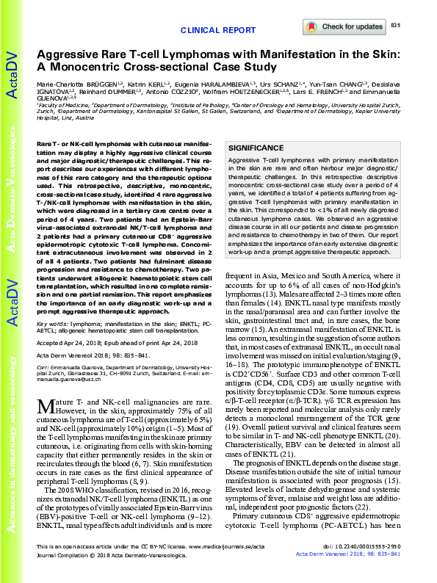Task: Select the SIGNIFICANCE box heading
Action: tap(257, 147)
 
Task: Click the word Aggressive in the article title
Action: tap(71, 54)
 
